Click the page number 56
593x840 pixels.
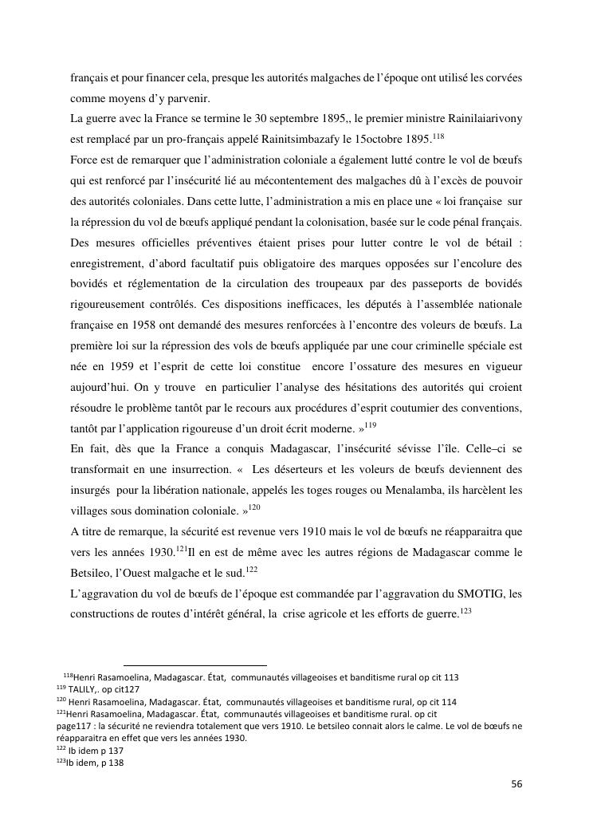[516, 784]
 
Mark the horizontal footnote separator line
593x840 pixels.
[195, 665]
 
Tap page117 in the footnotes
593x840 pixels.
[77, 726]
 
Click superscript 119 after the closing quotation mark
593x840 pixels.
[371, 424]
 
